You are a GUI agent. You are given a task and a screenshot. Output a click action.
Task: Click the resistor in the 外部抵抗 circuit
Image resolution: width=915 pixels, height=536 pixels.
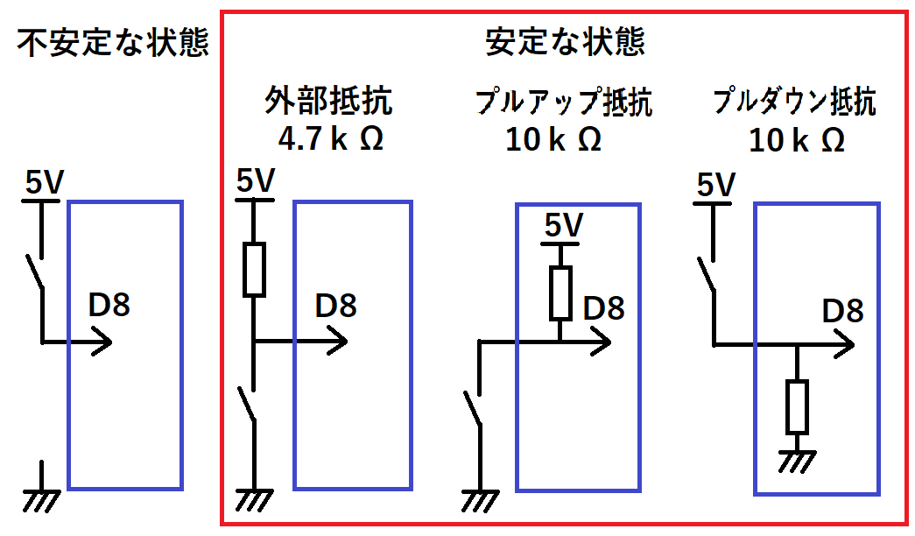click(253, 269)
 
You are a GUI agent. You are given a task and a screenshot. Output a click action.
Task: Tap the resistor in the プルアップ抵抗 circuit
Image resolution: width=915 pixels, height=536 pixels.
click(560, 293)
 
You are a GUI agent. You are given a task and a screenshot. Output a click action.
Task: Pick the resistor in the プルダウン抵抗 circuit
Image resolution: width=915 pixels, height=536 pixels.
click(797, 406)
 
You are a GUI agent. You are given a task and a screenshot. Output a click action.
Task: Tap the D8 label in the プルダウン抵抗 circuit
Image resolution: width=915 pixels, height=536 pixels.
click(842, 311)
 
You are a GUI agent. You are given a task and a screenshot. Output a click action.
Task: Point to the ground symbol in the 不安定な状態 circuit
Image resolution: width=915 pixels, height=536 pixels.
click(41, 497)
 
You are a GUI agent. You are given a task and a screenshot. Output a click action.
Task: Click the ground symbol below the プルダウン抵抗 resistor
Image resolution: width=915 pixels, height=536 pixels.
click(797, 459)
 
